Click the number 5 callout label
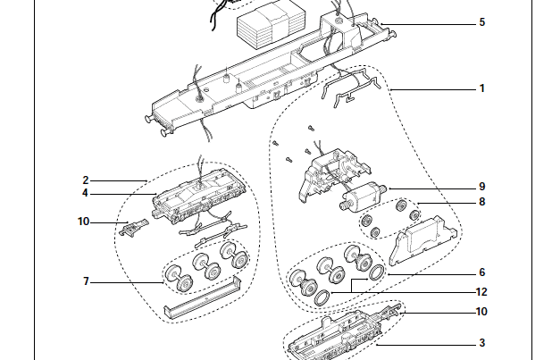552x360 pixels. pyautogui.click(x=482, y=22)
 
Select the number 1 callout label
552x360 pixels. pyautogui.click(x=482, y=88)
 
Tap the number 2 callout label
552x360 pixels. pyautogui.click(x=86, y=180)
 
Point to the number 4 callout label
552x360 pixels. pyautogui.click(x=86, y=193)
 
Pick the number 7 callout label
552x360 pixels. pyautogui.click(x=86, y=281)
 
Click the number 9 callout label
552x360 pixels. pyautogui.click(x=482, y=187)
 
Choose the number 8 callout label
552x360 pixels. pyautogui.click(x=482, y=202)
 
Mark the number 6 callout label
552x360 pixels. pyautogui.click(x=482, y=272)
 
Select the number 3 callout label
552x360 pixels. pyautogui.click(x=482, y=342)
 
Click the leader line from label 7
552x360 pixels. pyautogui.click(x=125, y=281)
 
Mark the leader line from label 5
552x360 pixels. pyautogui.click(x=429, y=22)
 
